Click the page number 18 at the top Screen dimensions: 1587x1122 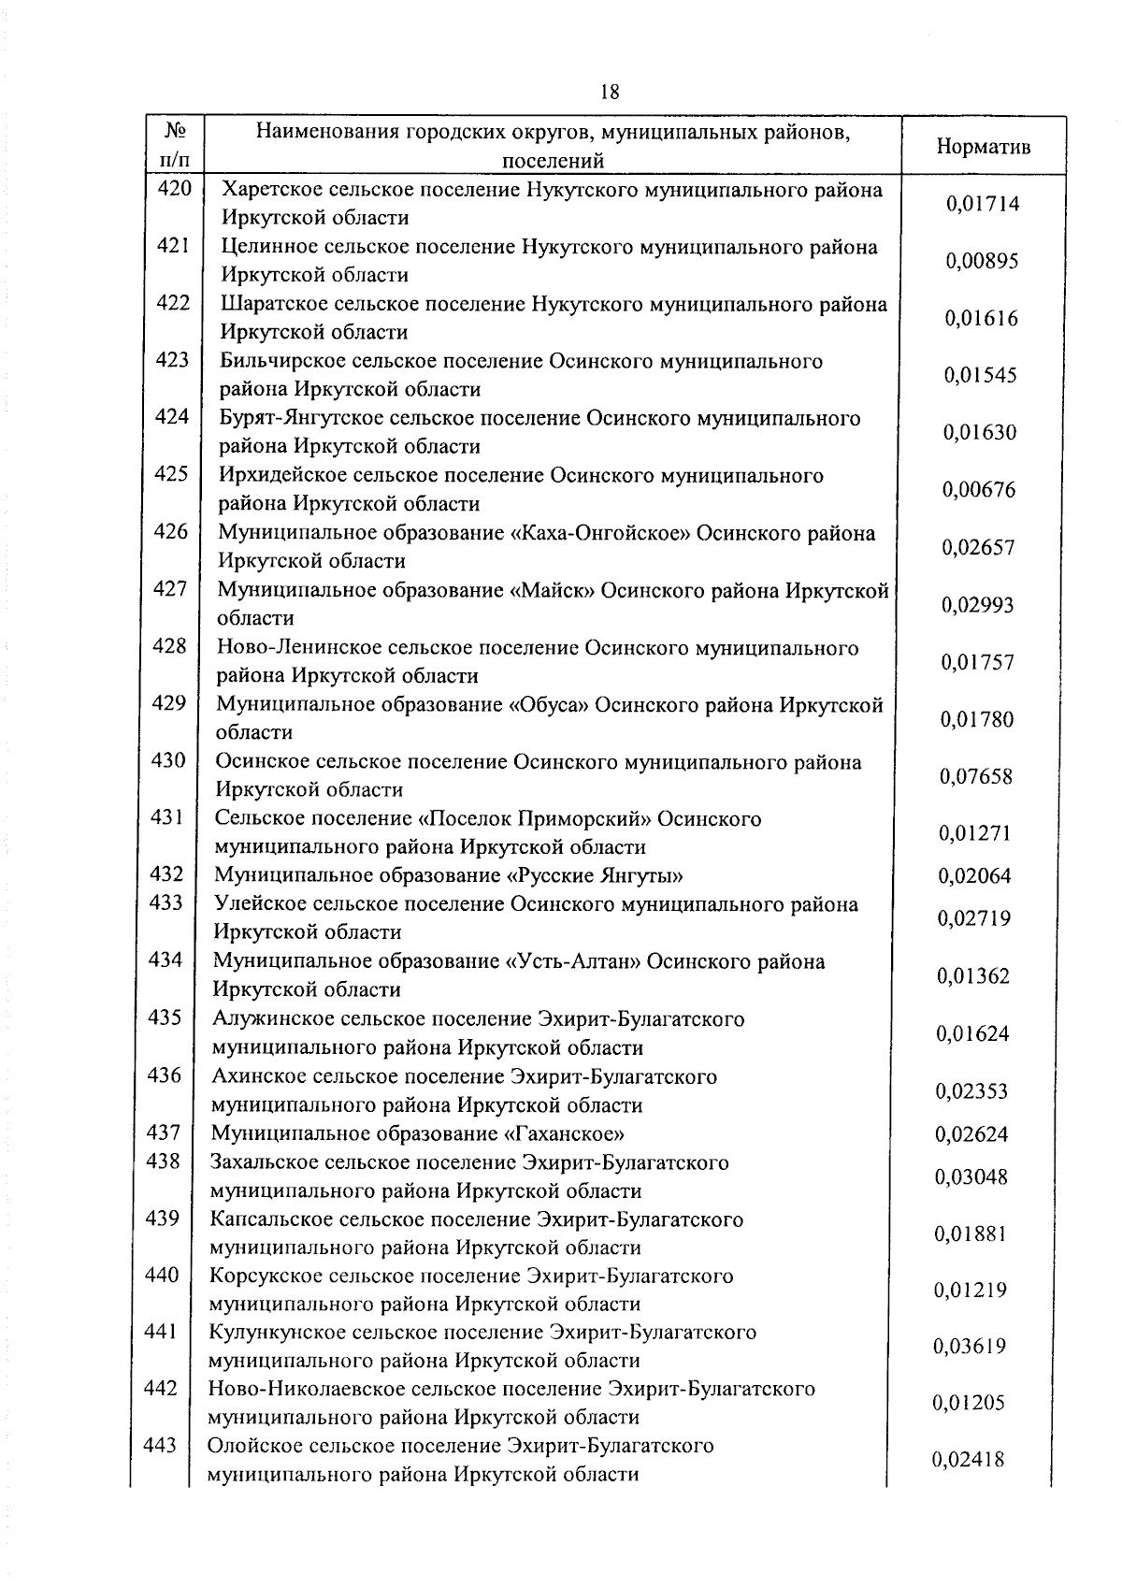pos(608,92)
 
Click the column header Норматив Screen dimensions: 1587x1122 pos(983,147)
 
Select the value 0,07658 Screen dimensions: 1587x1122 pos(976,777)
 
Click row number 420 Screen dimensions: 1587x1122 pos(174,189)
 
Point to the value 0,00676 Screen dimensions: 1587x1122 pos(978,490)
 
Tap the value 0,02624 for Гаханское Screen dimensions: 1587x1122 pos(972,1135)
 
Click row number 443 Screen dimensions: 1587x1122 pos(160,1446)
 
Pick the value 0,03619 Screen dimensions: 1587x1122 pos(970,1347)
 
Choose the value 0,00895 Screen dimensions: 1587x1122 pos(981,262)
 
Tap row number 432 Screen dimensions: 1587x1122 pos(166,874)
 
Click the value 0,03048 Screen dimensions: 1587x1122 pos(971,1177)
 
